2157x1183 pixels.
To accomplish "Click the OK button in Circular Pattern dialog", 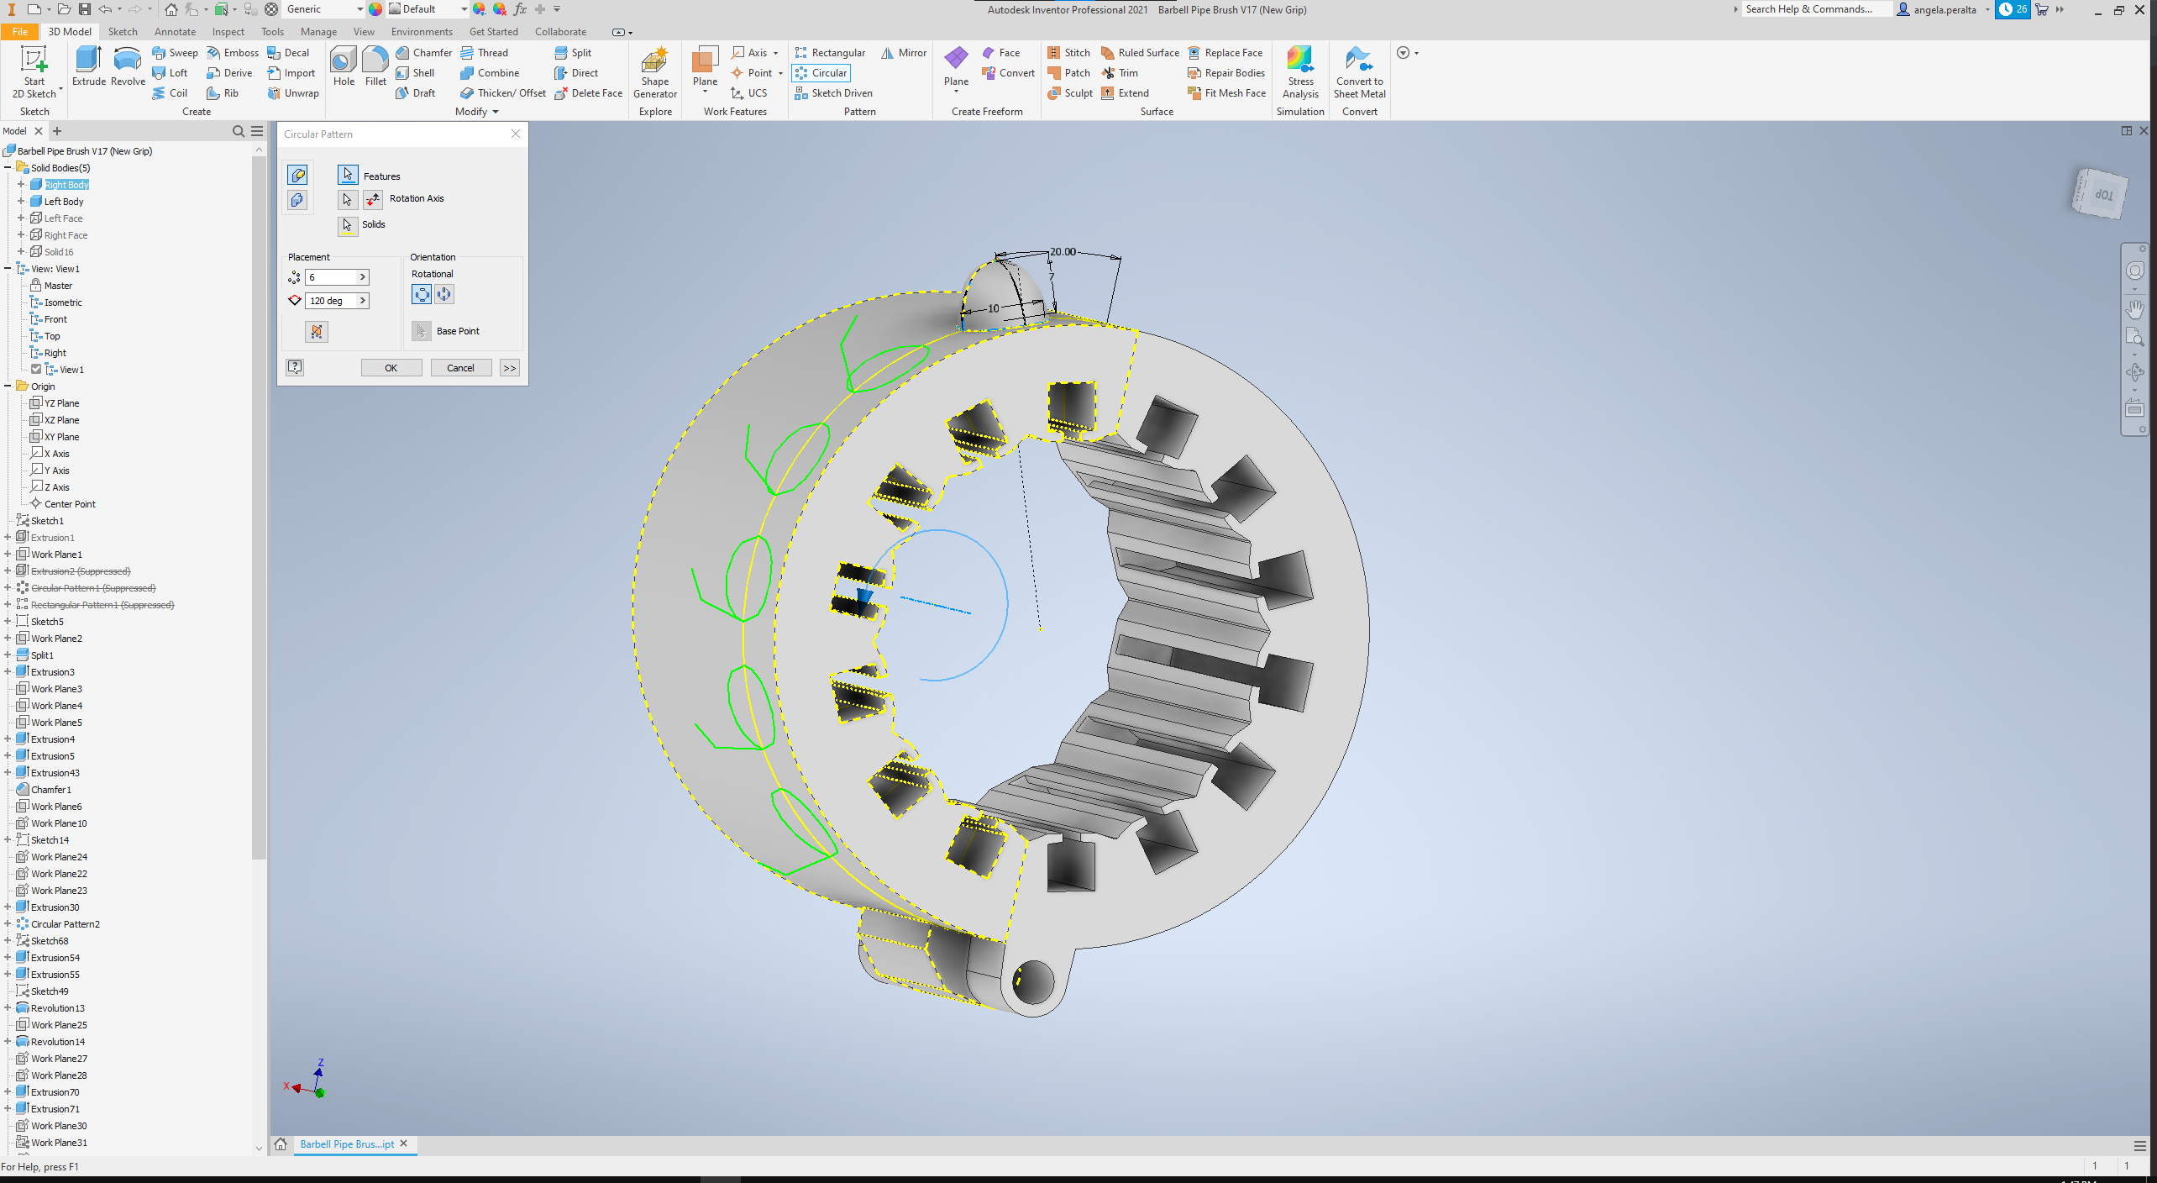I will (x=391, y=368).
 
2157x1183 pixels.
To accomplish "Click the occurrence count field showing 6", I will (x=333, y=277).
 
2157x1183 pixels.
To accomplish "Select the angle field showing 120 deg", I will (x=333, y=301).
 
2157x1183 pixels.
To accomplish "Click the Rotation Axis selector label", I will (x=416, y=199).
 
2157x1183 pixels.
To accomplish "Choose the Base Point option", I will (x=457, y=331).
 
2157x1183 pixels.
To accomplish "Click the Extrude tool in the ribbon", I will (x=88, y=66).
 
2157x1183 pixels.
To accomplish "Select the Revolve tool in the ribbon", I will (x=128, y=66).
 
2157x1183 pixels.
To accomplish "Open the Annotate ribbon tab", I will (x=175, y=32).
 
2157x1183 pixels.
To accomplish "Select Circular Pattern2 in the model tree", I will (x=65, y=924).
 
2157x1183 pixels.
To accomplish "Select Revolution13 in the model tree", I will (x=57, y=1008).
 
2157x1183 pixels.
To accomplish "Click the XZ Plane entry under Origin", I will (x=61, y=420).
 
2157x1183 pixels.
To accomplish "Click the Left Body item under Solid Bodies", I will (x=63, y=202).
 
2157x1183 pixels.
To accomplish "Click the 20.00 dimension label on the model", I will (x=1063, y=252).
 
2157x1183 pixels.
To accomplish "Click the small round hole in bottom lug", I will (x=1033, y=981).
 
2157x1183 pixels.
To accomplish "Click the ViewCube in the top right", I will (x=2100, y=194).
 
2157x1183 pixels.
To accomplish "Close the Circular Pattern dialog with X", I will (x=516, y=134).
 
